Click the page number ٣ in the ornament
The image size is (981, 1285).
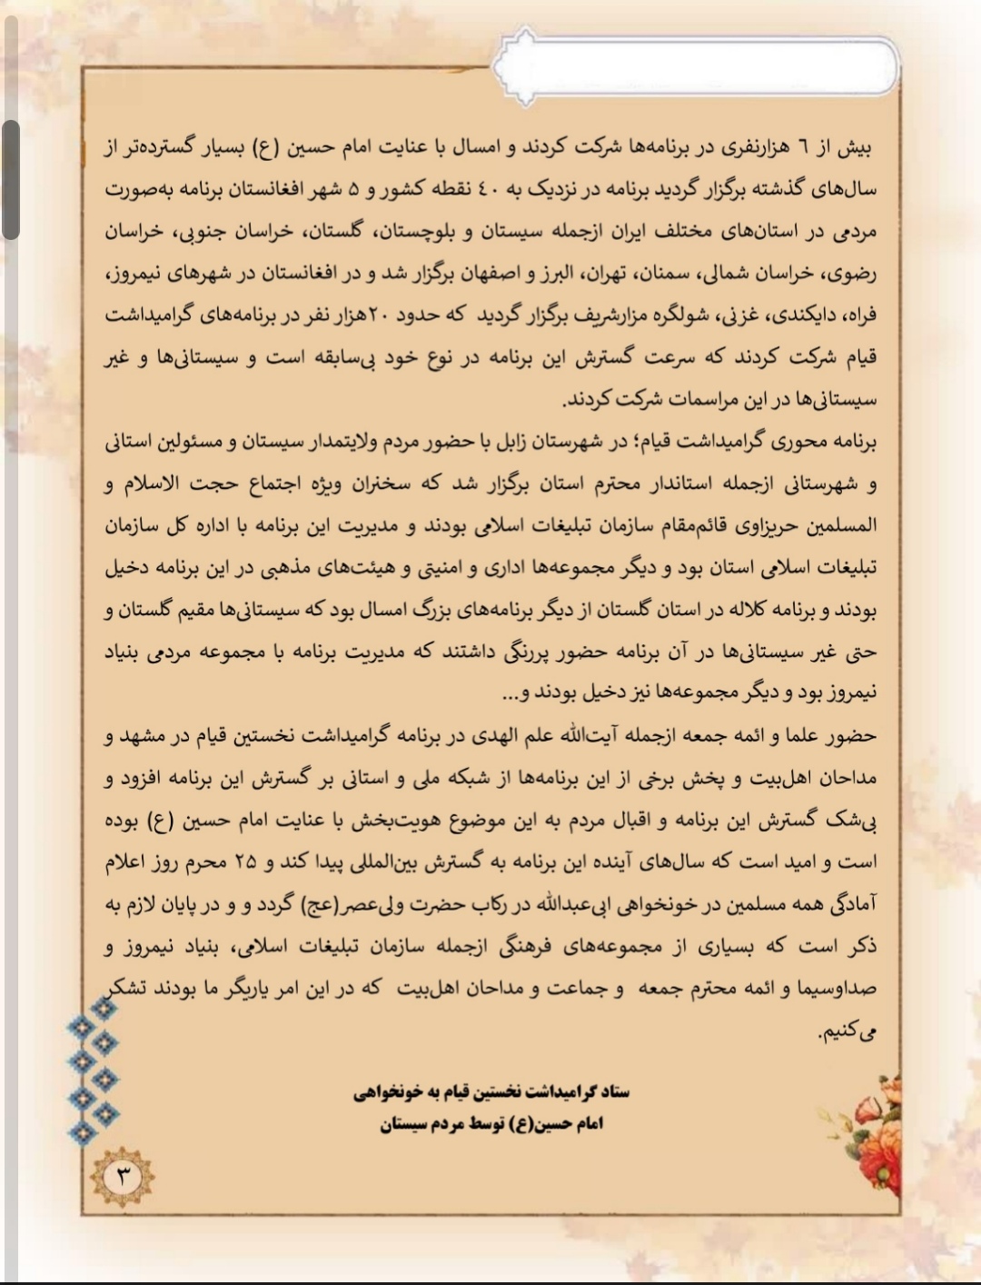pyautogui.click(x=122, y=1177)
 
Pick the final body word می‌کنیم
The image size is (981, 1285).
pyautogui.click(x=847, y=1031)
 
